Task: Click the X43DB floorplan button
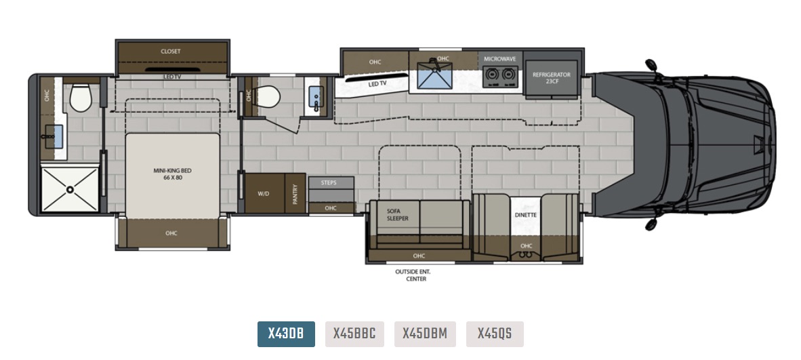[286, 334]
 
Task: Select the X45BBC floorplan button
[354, 334]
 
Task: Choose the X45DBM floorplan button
[425, 334]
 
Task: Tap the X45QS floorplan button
[495, 334]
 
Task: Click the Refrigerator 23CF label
[551, 78]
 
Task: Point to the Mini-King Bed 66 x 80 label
[172, 174]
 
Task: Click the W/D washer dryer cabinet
[264, 193]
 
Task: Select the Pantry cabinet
[295, 193]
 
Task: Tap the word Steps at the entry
[329, 182]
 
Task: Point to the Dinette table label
[526, 215]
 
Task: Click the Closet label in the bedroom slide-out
[171, 52]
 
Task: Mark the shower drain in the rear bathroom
[70, 190]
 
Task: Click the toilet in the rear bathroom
[80, 97]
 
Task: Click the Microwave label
[500, 59]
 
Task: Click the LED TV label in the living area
[377, 83]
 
